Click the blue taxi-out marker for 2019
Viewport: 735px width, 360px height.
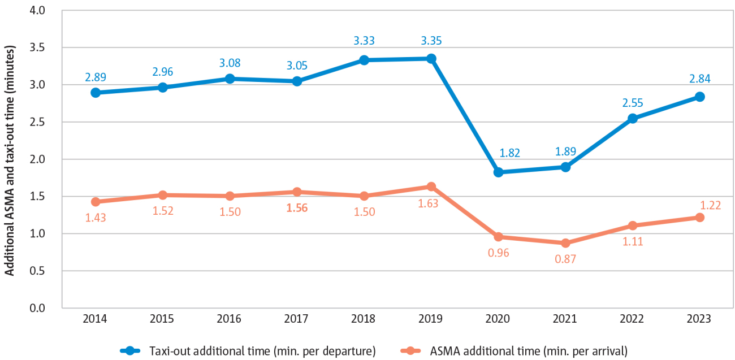pos(431,58)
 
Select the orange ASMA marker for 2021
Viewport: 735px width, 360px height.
pos(565,243)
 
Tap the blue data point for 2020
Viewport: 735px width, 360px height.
pos(498,172)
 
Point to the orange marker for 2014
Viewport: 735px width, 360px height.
pos(96,202)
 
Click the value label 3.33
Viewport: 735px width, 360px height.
pos(364,41)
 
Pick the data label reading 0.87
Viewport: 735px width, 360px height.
pos(565,260)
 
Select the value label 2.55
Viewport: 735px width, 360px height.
pos(632,103)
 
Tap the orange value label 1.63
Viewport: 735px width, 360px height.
pos(431,205)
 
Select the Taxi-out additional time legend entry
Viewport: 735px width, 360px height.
pos(248,350)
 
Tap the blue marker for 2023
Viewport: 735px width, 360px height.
pos(699,97)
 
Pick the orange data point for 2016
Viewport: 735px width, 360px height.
pos(230,196)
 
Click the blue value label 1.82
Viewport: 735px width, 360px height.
pos(498,153)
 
